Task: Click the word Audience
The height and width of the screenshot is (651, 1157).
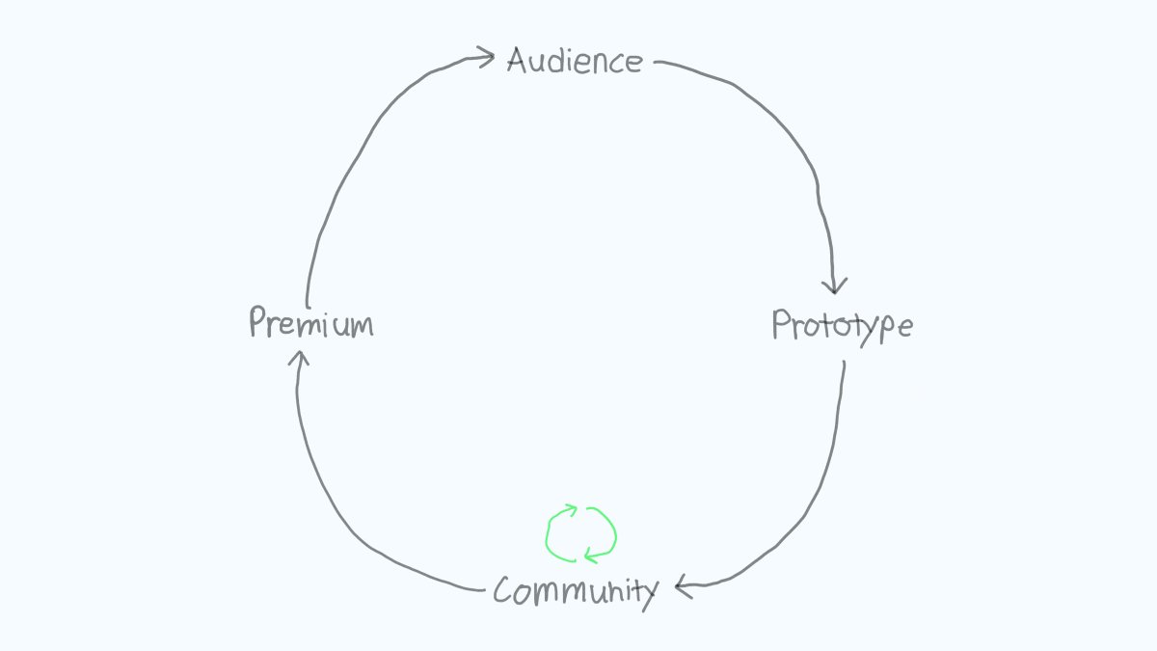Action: (575, 62)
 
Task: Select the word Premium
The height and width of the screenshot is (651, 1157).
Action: (310, 323)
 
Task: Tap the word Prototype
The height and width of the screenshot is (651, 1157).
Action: (842, 326)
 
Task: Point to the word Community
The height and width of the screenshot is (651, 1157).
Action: (576, 589)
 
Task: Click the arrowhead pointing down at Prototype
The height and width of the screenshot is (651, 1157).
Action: (835, 284)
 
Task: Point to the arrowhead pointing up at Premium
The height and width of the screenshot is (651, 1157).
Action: (299, 359)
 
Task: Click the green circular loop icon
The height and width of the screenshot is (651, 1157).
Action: (580, 533)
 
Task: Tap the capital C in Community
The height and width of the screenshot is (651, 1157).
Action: (503, 589)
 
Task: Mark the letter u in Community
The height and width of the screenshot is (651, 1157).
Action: (597, 591)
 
